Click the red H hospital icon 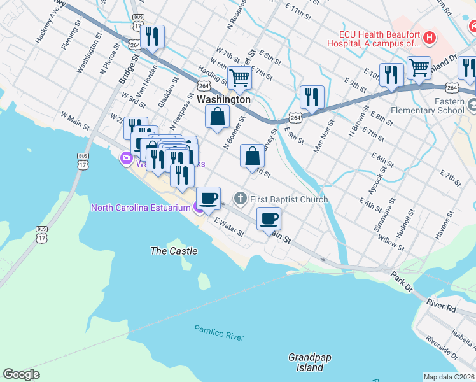[x=430, y=38]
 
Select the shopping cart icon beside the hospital [x=419, y=67]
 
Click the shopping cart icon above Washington [x=240, y=78]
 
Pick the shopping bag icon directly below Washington [x=218, y=117]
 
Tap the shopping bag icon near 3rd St [x=253, y=155]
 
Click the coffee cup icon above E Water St [x=208, y=198]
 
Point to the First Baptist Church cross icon [x=241, y=199]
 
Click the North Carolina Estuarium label [x=141, y=208]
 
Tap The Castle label [x=174, y=251]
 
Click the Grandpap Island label [x=310, y=362]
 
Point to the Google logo [x=21, y=374]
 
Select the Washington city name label [x=223, y=100]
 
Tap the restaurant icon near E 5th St [x=312, y=97]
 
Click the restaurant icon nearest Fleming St [x=153, y=36]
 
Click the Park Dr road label [x=402, y=278]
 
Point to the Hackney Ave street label [x=47, y=25]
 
